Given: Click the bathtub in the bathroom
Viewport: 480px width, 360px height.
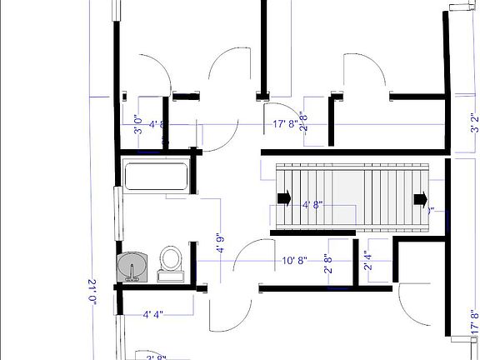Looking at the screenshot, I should click(x=156, y=177).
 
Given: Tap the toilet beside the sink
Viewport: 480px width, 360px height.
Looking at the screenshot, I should click(x=170, y=257).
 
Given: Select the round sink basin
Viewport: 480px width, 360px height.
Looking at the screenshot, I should click(x=133, y=267).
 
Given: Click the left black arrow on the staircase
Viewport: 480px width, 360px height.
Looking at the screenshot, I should click(x=284, y=198).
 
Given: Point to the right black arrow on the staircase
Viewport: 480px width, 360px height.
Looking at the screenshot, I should click(x=421, y=198).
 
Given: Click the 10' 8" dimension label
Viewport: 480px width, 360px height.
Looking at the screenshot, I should click(x=295, y=260).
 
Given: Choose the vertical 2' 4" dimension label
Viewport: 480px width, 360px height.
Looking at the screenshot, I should click(x=367, y=262).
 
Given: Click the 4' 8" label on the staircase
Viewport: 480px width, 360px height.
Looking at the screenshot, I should click(x=312, y=204).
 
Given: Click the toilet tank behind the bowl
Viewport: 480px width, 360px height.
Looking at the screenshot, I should click(x=170, y=274).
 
